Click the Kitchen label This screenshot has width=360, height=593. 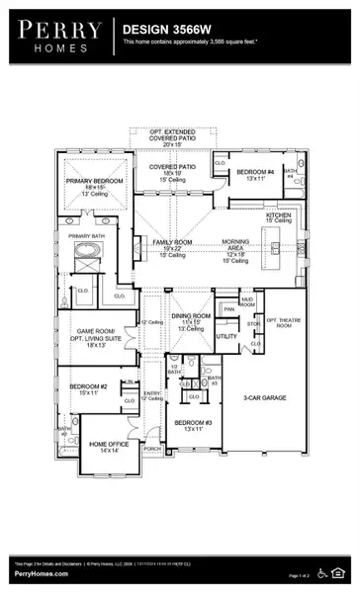(x=278, y=215)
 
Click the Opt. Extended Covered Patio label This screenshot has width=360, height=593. (x=172, y=135)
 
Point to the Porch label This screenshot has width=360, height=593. (x=152, y=450)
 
